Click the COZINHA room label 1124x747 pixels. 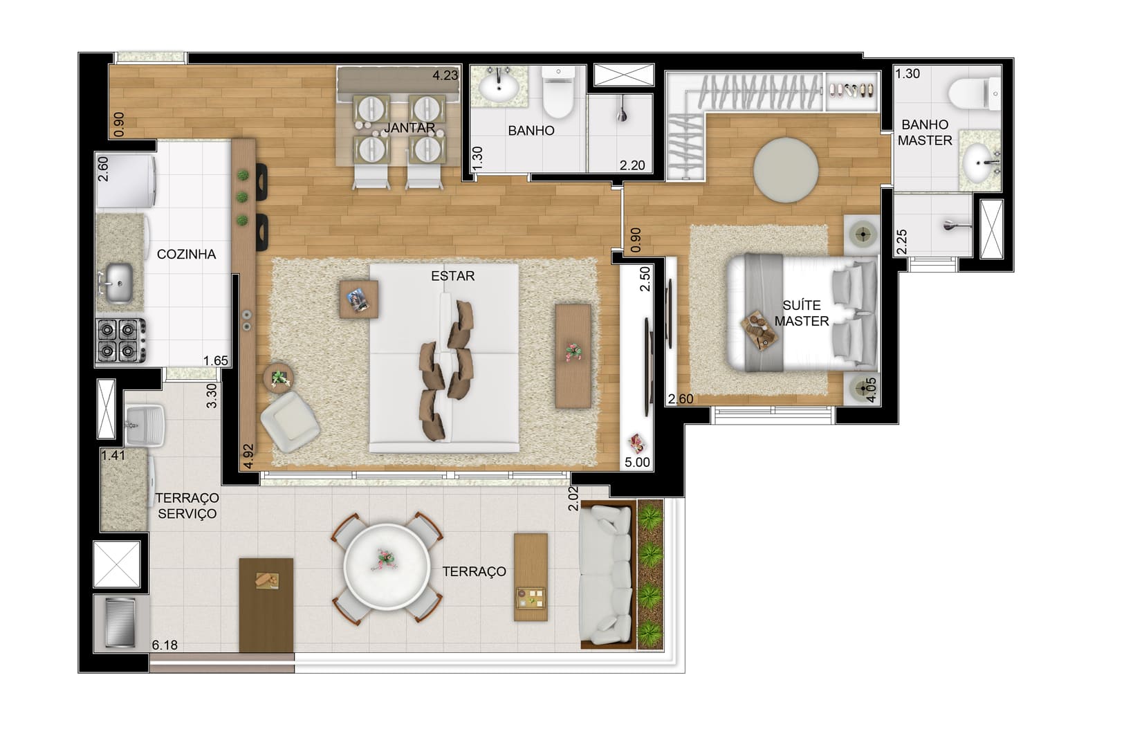pos(186,255)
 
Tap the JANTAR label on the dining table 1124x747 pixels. pos(409,128)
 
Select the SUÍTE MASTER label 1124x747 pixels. pos(802,313)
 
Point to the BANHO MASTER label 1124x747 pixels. pos(925,132)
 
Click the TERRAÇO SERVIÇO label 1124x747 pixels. pos(187,506)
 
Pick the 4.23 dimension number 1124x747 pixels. pos(445,76)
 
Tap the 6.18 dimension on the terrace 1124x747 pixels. pos(165,645)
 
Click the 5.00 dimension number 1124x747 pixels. pos(637,463)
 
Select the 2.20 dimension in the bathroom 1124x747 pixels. pos(632,165)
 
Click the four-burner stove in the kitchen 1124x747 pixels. pos(122,340)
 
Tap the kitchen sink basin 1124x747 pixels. pos(120,284)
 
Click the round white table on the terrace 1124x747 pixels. pos(387,567)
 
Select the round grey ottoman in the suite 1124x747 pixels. pos(786,171)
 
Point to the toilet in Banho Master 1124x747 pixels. pos(974,93)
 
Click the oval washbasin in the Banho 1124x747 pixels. pos(499,89)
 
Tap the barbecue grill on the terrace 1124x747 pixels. pos(120,622)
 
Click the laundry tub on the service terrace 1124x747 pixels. pos(145,425)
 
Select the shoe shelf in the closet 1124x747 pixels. pos(852,91)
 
